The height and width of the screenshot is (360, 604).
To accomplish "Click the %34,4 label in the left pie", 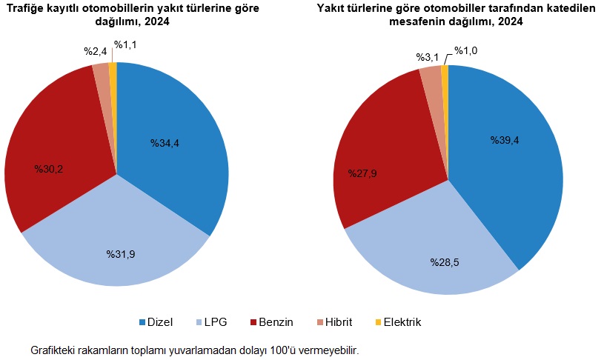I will (x=166, y=143).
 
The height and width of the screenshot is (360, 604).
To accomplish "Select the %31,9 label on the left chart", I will (x=121, y=254).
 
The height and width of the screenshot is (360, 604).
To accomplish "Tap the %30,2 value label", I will (x=49, y=169).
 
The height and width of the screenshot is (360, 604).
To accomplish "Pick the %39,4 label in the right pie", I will (x=504, y=140).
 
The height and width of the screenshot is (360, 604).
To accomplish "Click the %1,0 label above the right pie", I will (x=466, y=50).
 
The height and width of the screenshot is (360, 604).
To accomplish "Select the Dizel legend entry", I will (x=156, y=322).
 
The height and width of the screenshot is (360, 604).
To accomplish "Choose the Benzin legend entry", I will (x=272, y=322).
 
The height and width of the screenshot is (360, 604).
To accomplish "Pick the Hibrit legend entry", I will (x=333, y=322).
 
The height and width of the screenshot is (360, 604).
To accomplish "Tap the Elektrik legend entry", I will (x=398, y=322).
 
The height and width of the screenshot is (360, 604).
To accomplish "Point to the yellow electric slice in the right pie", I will (x=445, y=70).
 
